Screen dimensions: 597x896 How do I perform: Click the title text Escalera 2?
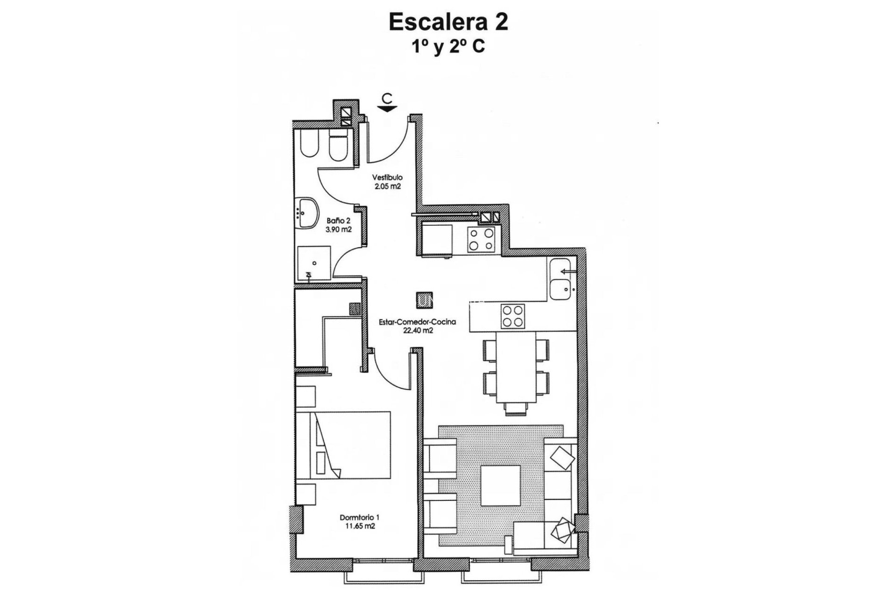click(x=448, y=23)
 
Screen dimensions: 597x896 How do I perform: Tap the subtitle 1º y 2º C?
click(x=448, y=47)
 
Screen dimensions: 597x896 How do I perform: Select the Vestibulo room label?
click(x=387, y=178)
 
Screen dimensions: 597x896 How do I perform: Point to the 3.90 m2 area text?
click(x=338, y=229)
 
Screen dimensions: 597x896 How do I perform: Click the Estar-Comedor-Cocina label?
click(x=417, y=322)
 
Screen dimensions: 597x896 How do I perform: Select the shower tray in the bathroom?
click(x=314, y=264)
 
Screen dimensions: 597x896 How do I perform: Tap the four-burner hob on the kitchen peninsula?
click(x=512, y=316)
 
